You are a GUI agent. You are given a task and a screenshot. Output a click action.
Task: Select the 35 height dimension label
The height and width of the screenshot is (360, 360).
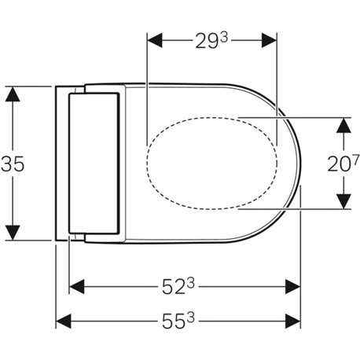click(x=15, y=163)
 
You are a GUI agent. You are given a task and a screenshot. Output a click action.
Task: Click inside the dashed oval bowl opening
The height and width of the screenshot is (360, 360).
click(x=212, y=163)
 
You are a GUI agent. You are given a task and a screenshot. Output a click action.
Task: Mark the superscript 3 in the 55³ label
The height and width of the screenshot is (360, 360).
click(x=192, y=317)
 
